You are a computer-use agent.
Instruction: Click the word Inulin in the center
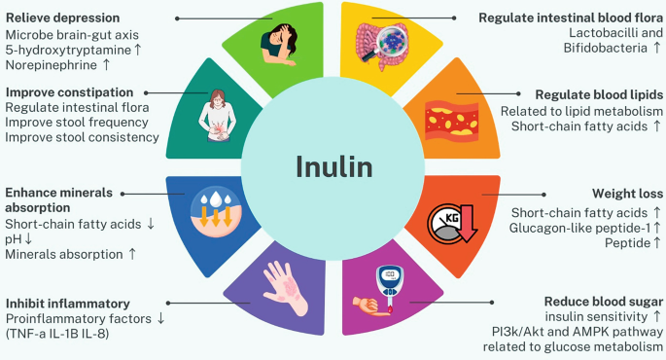pyautogui.click(x=334, y=166)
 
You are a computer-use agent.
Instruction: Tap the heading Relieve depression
pyautogui.click(x=63, y=18)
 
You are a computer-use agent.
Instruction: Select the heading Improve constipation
pyautogui.click(x=70, y=92)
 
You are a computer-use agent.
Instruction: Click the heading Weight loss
pyautogui.click(x=627, y=194)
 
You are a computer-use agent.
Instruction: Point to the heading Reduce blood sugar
pyautogui.click(x=604, y=302)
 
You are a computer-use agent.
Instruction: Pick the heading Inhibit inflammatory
pyautogui.click(x=68, y=304)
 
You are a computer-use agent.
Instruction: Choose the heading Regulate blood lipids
pyautogui.click(x=599, y=94)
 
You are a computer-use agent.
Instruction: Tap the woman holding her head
pyautogui.click(x=279, y=45)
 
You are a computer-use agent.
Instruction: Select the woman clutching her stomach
pyautogui.click(x=217, y=116)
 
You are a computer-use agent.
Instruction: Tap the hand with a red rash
pyautogui.click(x=286, y=288)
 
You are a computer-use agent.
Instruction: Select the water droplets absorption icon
pyautogui.click(x=216, y=211)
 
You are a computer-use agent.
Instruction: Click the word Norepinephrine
pyautogui.click(x=52, y=65)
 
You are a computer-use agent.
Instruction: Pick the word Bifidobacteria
pyautogui.click(x=606, y=48)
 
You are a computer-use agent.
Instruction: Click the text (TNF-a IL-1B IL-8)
pyautogui.click(x=57, y=333)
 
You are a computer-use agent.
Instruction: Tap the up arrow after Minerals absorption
pyautogui.click(x=132, y=254)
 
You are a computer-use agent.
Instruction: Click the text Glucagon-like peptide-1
pyautogui.click(x=579, y=229)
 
